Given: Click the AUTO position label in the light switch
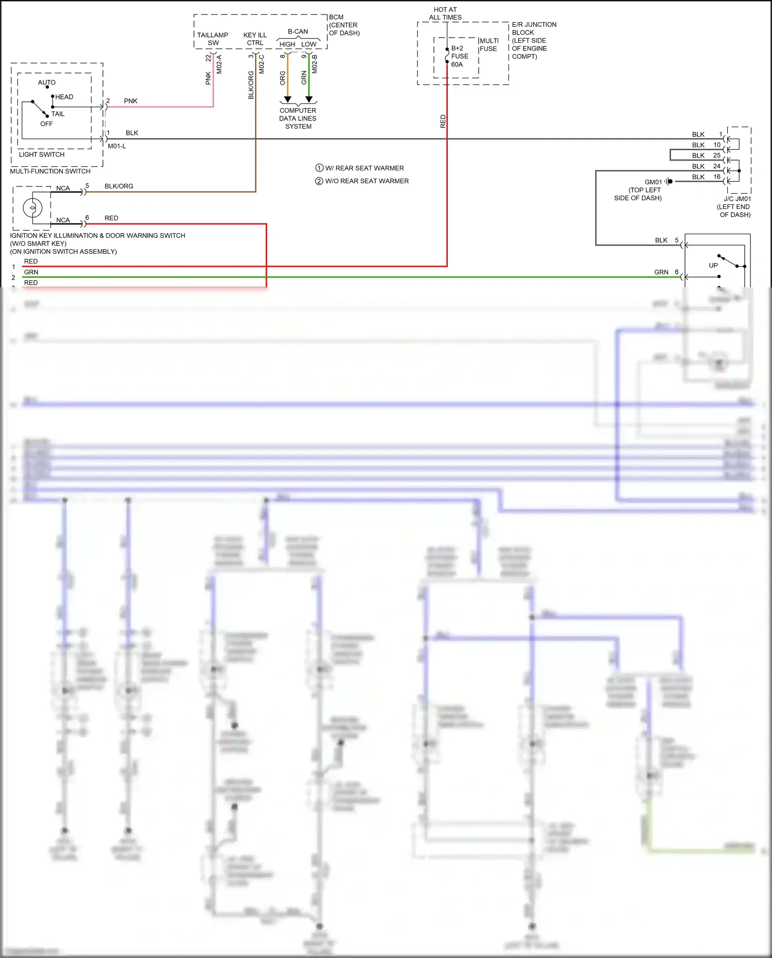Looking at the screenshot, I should click(46, 82).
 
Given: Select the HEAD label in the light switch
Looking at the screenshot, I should click(64, 97).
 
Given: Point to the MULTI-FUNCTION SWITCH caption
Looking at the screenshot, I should click(50, 171).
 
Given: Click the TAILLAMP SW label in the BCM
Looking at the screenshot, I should click(213, 39).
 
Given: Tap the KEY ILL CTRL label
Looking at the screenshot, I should click(255, 39).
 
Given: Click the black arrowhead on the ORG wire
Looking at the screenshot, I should click(288, 99).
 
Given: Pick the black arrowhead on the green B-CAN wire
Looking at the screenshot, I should click(309, 99).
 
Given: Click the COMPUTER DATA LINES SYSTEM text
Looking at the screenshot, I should click(298, 118).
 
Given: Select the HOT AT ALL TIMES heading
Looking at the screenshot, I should click(445, 13).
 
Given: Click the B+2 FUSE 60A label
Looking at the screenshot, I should click(460, 56).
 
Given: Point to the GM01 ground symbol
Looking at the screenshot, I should click(669, 181).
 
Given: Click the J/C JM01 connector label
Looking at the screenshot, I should click(737, 199).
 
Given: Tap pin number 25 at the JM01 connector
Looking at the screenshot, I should click(716, 155).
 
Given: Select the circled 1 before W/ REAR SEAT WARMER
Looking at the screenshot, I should click(319, 168).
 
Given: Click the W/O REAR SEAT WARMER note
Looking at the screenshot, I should click(366, 181).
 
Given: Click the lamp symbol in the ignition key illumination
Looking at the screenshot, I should click(32, 208).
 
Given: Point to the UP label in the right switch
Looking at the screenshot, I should click(713, 266).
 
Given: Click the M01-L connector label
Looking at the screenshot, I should click(117, 146).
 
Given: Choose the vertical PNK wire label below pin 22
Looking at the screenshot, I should click(208, 78).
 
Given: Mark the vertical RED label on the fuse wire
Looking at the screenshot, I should click(443, 121).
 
